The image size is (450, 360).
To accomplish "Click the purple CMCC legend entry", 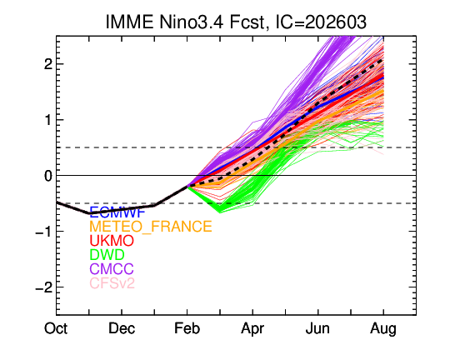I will [x=112, y=270].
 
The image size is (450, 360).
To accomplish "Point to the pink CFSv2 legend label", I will [x=112, y=284].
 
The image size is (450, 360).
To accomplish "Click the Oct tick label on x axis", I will [x=57, y=329].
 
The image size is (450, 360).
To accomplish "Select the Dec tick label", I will [x=122, y=329].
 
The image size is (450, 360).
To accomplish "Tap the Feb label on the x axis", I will [x=187, y=329].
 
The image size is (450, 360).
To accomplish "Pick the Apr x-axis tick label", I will [x=252, y=329].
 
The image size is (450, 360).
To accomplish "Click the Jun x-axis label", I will [x=317, y=329].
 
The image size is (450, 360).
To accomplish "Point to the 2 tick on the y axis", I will [x=47, y=64].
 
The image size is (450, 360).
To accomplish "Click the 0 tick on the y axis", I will [x=47, y=176].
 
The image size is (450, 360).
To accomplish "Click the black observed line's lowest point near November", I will [x=89, y=214].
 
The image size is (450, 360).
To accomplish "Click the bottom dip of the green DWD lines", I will [x=218, y=211].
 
